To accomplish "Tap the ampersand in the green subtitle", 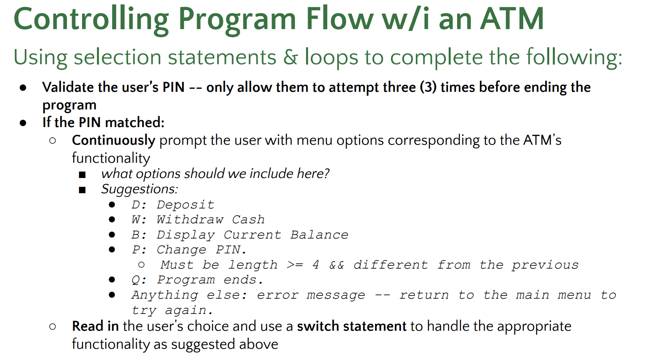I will (290, 57).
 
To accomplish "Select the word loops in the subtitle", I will (331, 57).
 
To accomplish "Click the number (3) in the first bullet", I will (428, 87).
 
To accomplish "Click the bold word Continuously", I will (113, 140).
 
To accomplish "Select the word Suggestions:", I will (139, 189).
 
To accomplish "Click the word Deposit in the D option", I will (185, 205).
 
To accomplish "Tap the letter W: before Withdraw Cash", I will (139, 220).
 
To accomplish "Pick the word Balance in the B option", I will (319, 235).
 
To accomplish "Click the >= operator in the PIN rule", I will (295, 265).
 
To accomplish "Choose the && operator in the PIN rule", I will (337, 265).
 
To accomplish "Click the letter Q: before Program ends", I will (139, 280).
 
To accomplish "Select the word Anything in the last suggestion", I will (165, 295).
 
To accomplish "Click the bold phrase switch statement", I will (351, 326).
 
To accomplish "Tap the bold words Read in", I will (95, 326).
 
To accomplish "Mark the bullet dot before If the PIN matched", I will (23, 123).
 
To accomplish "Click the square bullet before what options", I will (83, 174).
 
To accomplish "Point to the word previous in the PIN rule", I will (545, 265).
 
